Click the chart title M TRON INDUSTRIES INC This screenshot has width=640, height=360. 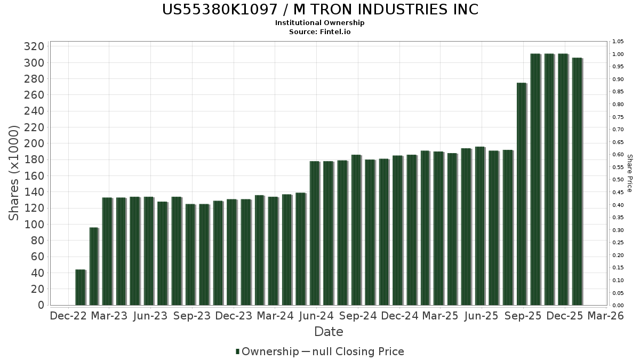319,10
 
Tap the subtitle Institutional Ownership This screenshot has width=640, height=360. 319,23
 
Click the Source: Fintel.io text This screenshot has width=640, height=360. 319,31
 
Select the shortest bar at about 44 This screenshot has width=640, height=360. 80,287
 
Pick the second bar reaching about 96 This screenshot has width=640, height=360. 94,266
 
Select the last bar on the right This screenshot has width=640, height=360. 577,181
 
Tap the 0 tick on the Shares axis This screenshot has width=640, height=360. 41,305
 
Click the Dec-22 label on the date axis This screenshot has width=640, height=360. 68,316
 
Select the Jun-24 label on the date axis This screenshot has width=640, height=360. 316,316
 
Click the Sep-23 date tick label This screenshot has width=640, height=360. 192,316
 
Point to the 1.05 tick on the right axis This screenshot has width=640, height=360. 618,42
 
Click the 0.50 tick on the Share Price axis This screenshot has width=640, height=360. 618,180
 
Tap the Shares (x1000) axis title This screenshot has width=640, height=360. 14,173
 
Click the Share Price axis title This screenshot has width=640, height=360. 630,173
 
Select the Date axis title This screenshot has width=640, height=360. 329,332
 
